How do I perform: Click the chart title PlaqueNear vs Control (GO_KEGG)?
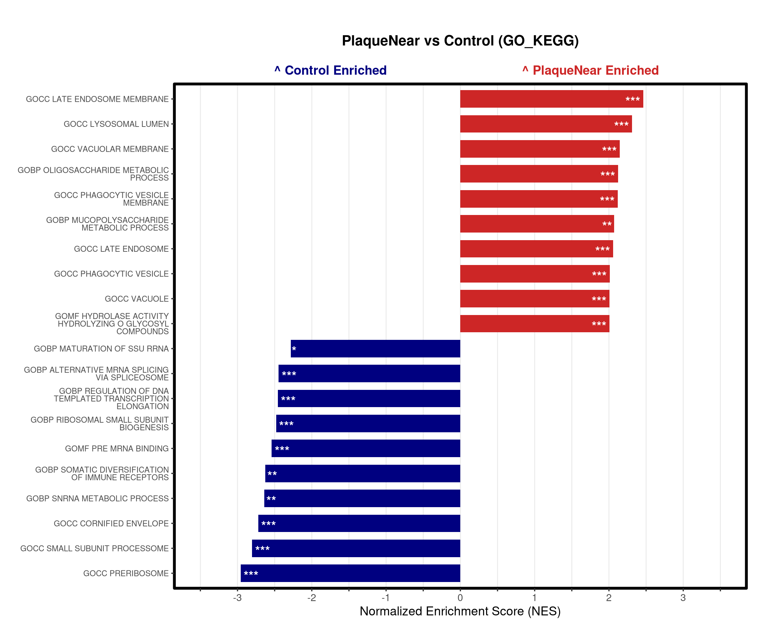pyautogui.click(x=460, y=41)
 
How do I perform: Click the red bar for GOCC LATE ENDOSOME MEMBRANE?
pyautogui.click(x=551, y=99)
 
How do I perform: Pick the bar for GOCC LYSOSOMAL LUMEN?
pyautogui.click(x=546, y=124)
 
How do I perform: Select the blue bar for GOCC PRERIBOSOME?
pyautogui.click(x=350, y=573)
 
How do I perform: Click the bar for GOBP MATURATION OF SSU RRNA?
pyautogui.click(x=375, y=348)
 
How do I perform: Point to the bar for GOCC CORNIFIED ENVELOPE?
pyautogui.click(x=359, y=523)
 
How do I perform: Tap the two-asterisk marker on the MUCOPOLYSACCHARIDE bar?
pyautogui.click(x=607, y=224)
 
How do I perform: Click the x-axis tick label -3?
pyautogui.click(x=237, y=598)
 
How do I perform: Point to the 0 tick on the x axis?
pyautogui.click(x=460, y=598)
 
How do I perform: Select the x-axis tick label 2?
pyautogui.click(x=609, y=598)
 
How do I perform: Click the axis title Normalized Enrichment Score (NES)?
pyautogui.click(x=460, y=611)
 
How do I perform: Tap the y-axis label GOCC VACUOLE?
pyautogui.click(x=137, y=299)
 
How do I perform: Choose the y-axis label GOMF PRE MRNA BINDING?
pyautogui.click(x=117, y=449)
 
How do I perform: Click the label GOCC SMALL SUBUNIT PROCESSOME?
pyautogui.click(x=95, y=549)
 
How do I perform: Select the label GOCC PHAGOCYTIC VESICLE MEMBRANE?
pyautogui.click(x=111, y=199)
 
